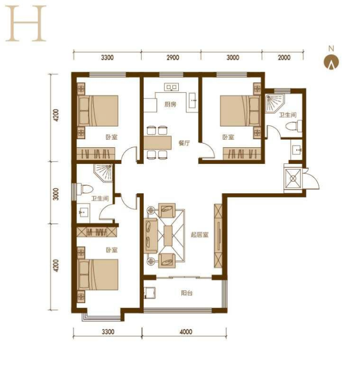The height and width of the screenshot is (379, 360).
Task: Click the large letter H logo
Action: coord(26,23)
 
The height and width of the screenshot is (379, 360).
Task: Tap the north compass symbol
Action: coord(331,62)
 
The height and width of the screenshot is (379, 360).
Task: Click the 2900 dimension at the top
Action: coord(173,57)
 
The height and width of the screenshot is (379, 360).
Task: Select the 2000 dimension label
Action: coord(284,57)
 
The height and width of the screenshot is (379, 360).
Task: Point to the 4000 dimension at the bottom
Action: coord(185,332)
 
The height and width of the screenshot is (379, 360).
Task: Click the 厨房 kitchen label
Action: coord(170,104)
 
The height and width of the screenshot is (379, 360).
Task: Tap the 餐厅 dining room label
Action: coord(184,143)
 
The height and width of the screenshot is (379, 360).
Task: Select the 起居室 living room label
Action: coord(199,235)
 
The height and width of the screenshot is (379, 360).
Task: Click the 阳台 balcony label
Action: coord(186,293)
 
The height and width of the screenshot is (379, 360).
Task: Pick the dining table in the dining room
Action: coord(157,142)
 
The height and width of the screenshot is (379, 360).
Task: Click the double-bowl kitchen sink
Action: coord(171,87)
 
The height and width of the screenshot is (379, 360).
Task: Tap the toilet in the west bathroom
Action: coord(85,189)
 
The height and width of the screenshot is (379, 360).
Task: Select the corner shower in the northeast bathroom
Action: coord(274,103)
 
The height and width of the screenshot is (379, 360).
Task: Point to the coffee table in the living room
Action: coord(168,236)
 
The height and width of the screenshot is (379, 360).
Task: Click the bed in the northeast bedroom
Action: coord(240,111)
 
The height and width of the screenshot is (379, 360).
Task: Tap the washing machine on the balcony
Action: coord(150,293)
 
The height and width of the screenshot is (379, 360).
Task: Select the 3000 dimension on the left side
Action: coord(56,194)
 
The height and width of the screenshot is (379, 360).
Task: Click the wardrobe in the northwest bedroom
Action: coord(96,153)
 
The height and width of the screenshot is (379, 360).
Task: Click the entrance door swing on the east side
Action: coord(311,179)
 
